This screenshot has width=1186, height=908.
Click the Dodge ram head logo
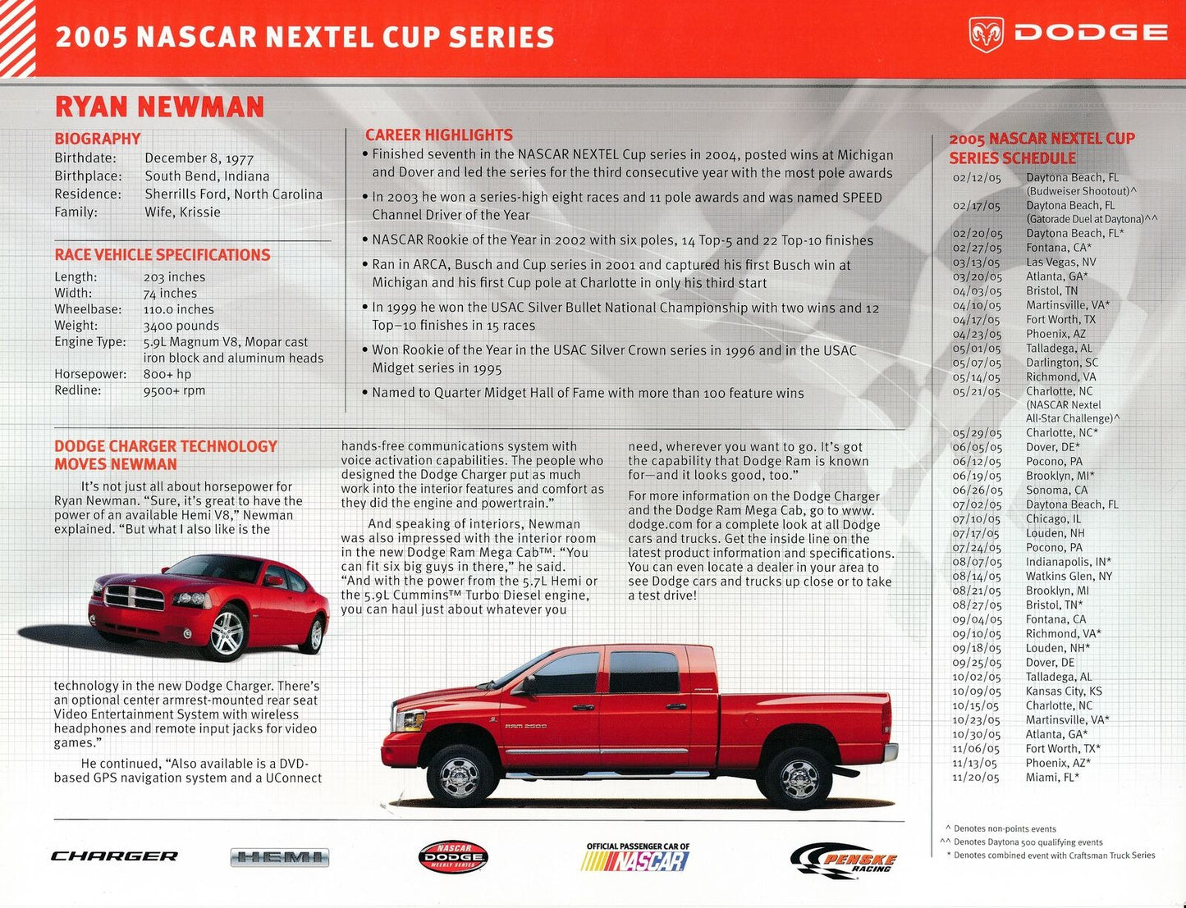click(986, 34)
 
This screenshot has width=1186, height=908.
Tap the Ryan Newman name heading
click(159, 107)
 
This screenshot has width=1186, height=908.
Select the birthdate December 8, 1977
click(199, 158)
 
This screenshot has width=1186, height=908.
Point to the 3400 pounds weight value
click(181, 326)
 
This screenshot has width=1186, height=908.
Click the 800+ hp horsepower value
click(167, 374)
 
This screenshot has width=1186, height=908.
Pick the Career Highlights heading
click(438, 135)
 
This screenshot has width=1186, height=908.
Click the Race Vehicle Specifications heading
click(162, 255)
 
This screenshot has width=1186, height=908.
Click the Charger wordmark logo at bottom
click(114, 856)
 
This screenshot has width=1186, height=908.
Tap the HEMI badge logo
click(279, 858)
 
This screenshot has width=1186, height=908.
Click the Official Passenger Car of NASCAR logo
click(637, 858)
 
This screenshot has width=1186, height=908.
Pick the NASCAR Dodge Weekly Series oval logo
click(453, 857)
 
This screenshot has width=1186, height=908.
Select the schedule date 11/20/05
click(975, 778)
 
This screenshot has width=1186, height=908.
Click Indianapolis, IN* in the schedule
click(1068, 562)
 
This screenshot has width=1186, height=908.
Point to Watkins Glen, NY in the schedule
click(1069, 577)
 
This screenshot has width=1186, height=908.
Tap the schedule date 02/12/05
click(976, 177)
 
